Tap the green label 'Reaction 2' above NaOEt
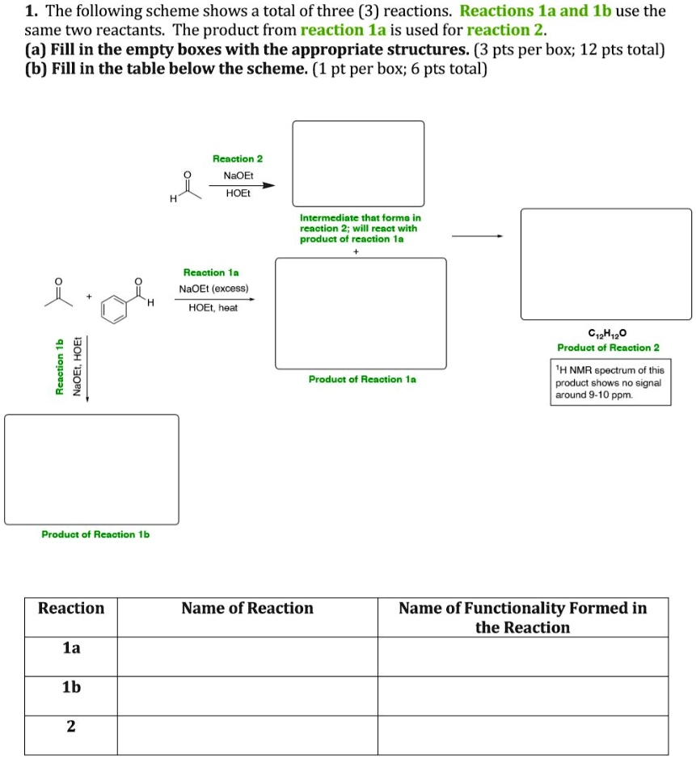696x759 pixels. [237, 159]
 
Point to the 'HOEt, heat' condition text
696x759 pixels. [213, 308]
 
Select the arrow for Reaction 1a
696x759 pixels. [215, 299]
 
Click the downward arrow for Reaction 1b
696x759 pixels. [87, 368]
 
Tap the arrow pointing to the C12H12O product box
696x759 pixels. [477, 237]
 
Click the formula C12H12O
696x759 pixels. [608, 333]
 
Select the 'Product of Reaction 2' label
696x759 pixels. [608, 348]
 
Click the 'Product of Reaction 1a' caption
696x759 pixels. [362, 379]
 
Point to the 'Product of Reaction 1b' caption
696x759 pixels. [95, 534]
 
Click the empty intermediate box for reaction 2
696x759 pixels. [358, 163]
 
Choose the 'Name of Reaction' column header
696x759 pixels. [247, 609]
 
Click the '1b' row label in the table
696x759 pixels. [71, 687]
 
